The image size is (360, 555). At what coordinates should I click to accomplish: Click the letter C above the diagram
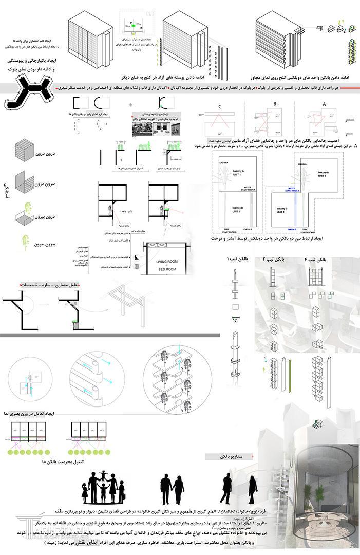tap(219, 107)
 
